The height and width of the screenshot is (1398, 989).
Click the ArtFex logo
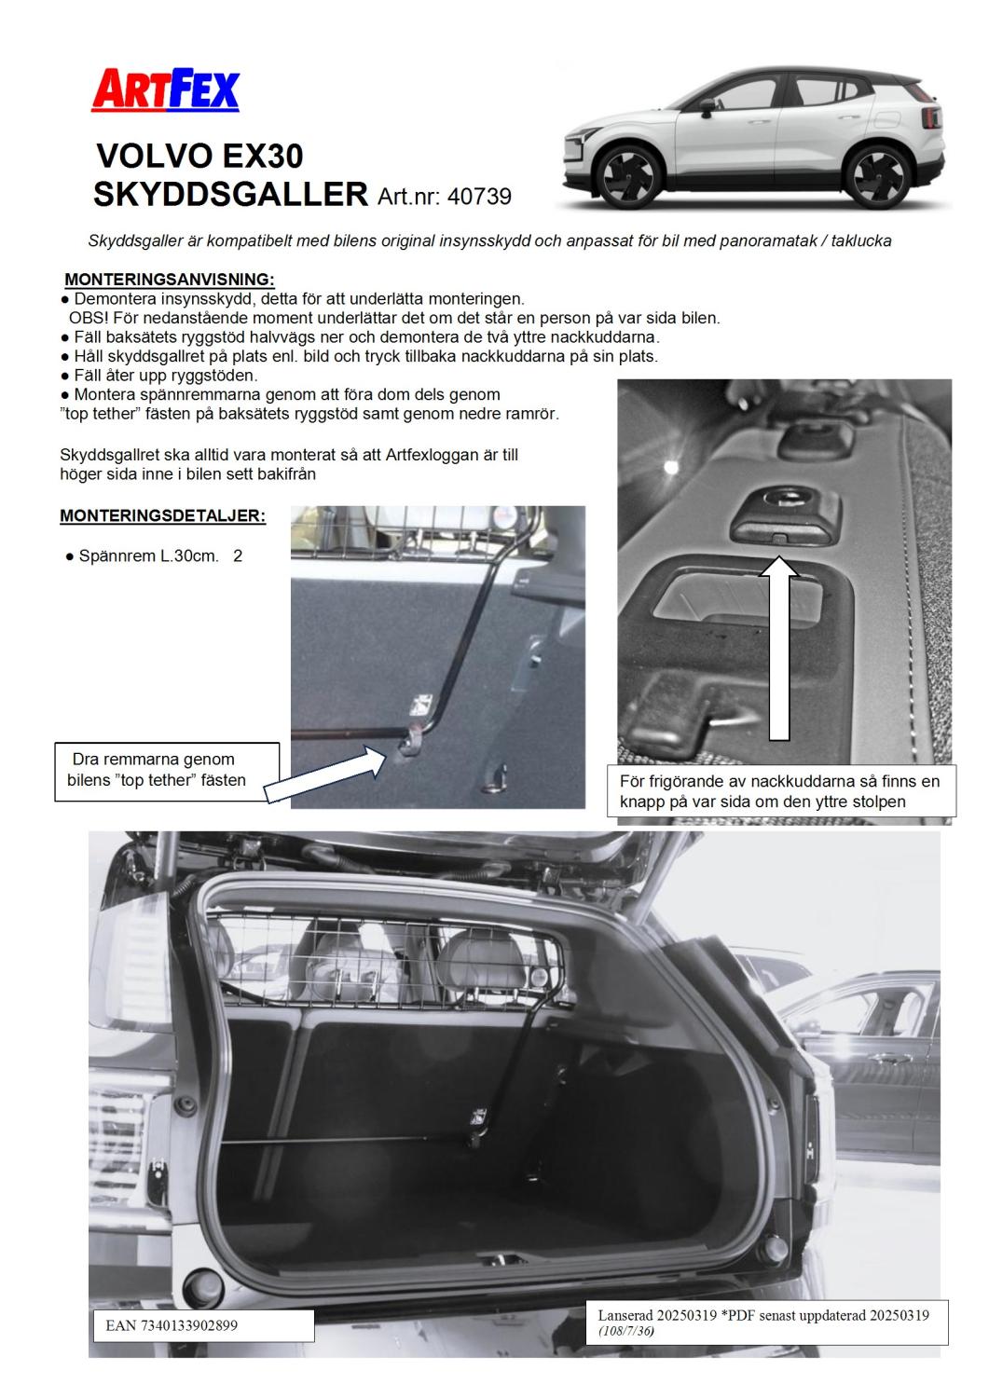(x=165, y=91)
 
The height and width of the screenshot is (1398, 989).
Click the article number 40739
(x=479, y=196)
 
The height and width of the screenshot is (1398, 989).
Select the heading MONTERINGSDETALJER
(x=162, y=515)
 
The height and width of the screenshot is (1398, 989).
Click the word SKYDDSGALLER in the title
(x=231, y=194)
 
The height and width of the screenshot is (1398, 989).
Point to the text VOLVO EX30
(x=199, y=155)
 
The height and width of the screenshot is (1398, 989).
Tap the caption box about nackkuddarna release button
(x=779, y=790)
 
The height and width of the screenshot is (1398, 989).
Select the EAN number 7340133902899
(x=165, y=1324)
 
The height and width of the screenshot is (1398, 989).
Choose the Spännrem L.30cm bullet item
(x=148, y=556)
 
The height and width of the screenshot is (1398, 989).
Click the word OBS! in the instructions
(x=88, y=318)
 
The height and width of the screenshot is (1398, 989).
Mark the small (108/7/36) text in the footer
(x=625, y=1331)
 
